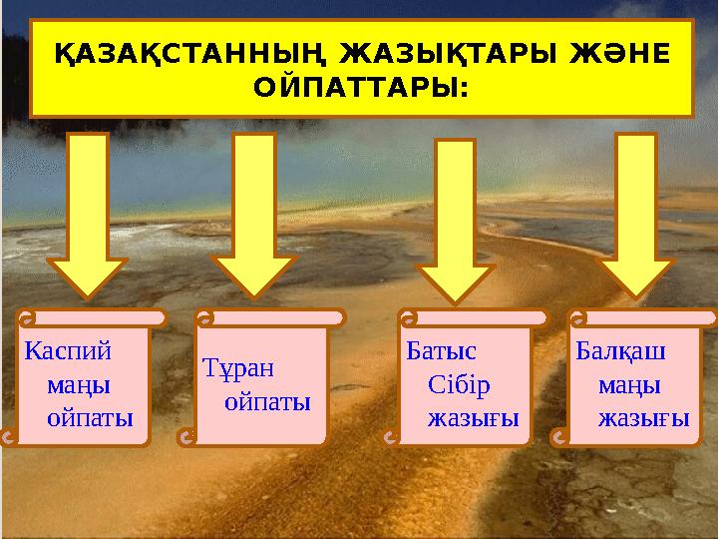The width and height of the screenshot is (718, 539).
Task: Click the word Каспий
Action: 68,350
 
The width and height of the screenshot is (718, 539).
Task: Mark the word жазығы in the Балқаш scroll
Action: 643,417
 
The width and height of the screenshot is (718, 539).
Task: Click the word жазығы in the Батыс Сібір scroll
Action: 474,417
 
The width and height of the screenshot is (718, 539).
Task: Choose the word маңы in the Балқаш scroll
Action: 630,384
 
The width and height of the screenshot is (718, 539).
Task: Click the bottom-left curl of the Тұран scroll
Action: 185,436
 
